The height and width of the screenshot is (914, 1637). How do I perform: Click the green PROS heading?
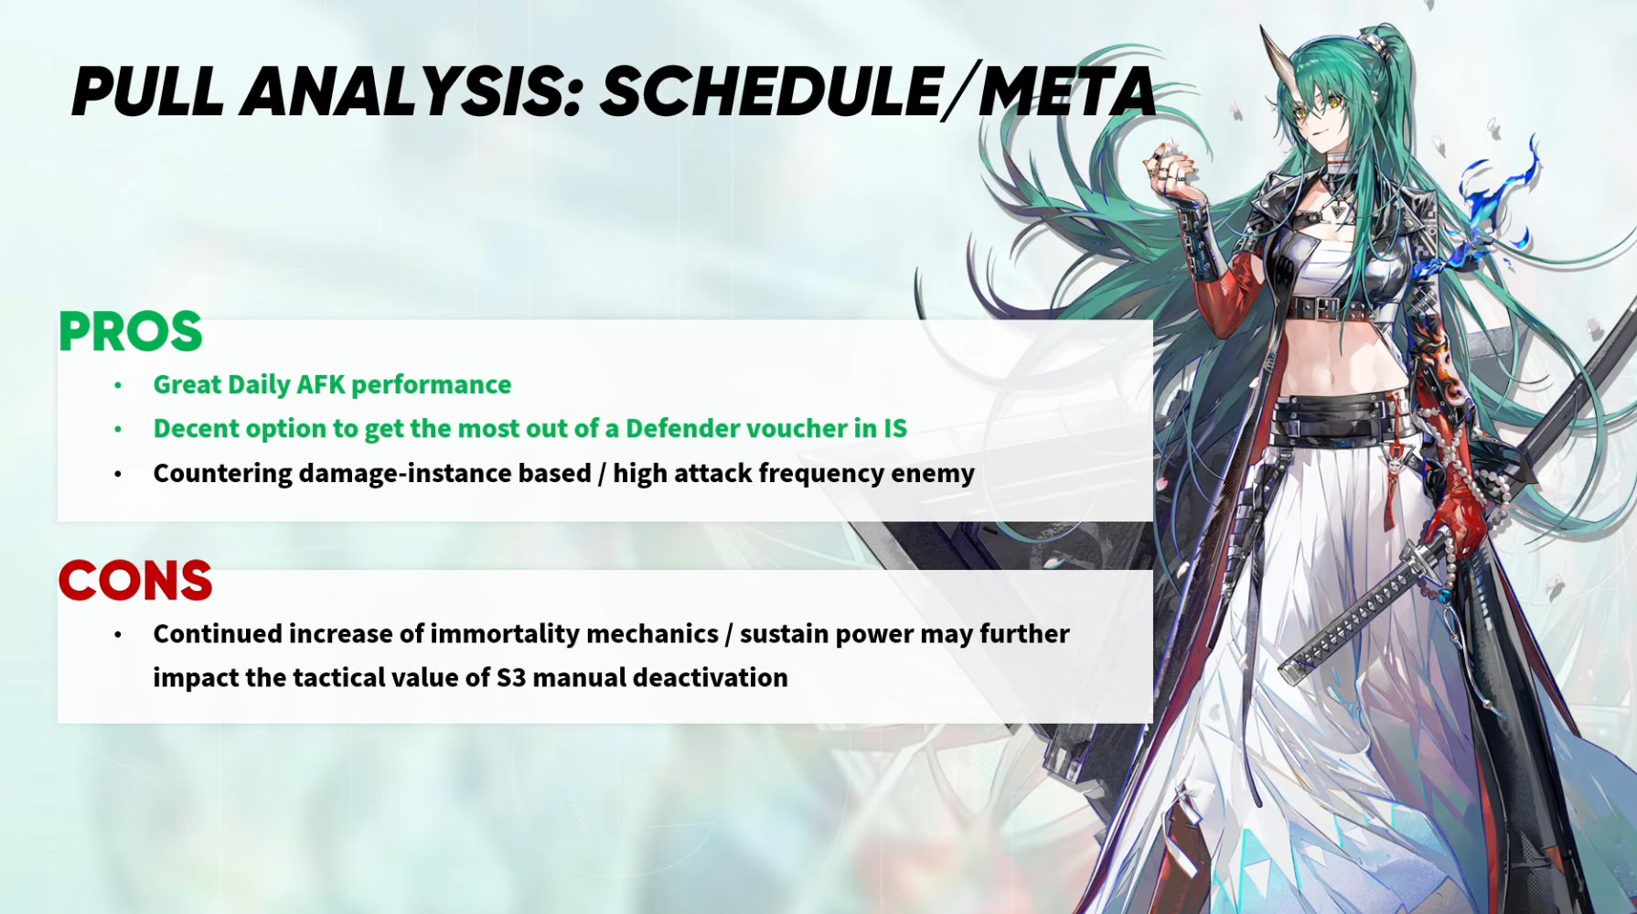[130, 331]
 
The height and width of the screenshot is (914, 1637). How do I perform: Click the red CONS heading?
[135, 581]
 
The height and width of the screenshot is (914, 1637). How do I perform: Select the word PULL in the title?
[148, 91]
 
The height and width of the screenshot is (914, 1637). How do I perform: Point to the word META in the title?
[1067, 91]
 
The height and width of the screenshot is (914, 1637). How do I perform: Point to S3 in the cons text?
[510, 678]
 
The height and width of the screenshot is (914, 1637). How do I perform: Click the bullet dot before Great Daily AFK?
[118, 385]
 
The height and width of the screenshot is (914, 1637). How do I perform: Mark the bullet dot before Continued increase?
[118, 634]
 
